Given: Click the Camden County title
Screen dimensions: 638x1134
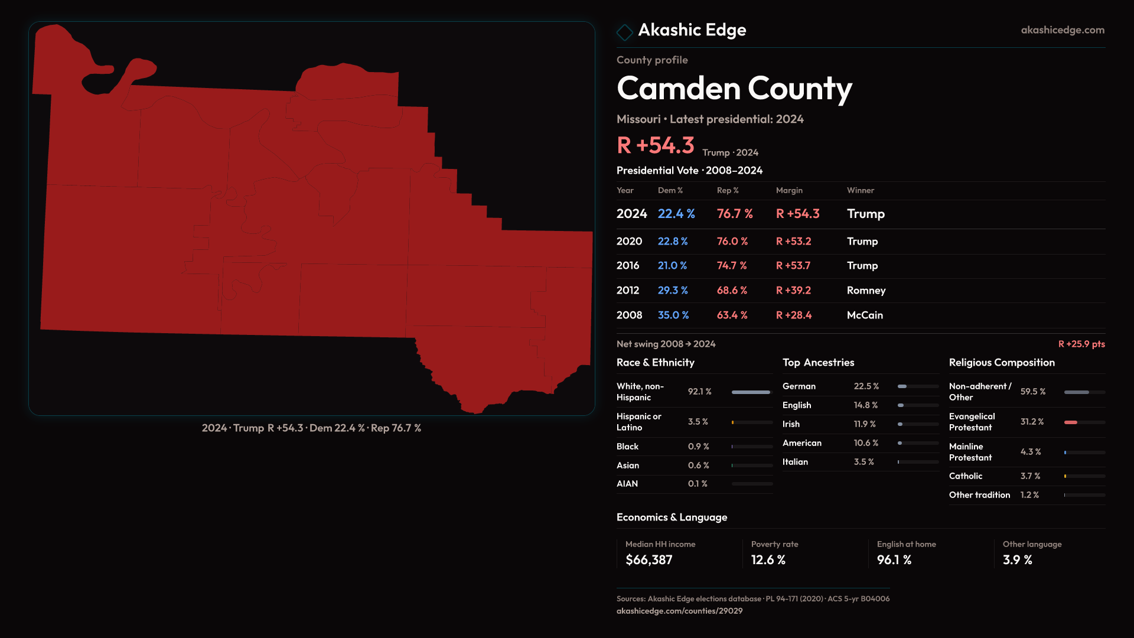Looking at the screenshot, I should pyautogui.click(x=734, y=89).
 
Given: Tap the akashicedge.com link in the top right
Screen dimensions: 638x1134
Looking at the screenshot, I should pyautogui.click(x=1063, y=30).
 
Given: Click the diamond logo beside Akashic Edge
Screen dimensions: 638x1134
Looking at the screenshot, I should pyautogui.click(x=624, y=32).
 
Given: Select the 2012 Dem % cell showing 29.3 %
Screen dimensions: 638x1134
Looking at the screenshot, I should pyautogui.click(x=673, y=291).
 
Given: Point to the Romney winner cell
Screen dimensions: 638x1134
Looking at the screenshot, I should pyautogui.click(x=866, y=291).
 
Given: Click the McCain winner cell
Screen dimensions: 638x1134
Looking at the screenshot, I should pyautogui.click(x=865, y=315).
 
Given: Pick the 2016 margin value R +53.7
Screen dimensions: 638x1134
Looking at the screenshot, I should pyautogui.click(x=793, y=266).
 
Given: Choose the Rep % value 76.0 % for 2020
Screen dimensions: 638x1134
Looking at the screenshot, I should pyautogui.click(x=732, y=242).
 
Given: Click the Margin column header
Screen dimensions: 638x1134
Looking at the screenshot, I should pyautogui.click(x=789, y=191).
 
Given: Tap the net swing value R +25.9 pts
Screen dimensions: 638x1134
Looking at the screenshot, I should pyautogui.click(x=1081, y=344).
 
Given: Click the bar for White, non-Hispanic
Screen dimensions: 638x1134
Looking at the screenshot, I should pyautogui.click(x=751, y=392).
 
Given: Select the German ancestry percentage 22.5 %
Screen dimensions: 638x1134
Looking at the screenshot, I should pyautogui.click(x=866, y=386).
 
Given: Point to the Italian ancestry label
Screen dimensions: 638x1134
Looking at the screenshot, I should pyautogui.click(x=795, y=462).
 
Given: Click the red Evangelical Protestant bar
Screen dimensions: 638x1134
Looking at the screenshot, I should pyautogui.click(x=1071, y=422).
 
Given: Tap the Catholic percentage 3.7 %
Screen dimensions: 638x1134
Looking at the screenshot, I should pyautogui.click(x=1030, y=476).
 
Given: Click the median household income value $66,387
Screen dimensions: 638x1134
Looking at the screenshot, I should pyautogui.click(x=649, y=560).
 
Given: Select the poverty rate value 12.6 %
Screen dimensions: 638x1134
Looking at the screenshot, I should pyautogui.click(x=768, y=560).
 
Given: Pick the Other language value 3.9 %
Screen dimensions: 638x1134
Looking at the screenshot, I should pyautogui.click(x=1017, y=560).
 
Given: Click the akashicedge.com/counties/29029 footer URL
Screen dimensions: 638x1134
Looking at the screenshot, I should pyautogui.click(x=679, y=611).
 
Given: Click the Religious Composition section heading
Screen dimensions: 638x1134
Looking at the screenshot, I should pyautogui.click(x=1002, y=363).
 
